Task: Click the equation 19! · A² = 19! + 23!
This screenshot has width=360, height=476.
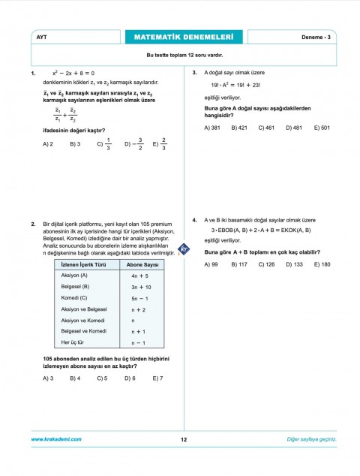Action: [x=235, y=86]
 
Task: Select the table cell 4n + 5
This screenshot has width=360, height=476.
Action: [x=141, y=276]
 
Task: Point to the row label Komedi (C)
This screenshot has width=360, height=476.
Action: [x=74, y=297]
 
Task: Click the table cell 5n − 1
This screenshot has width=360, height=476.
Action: [x=141, y=298]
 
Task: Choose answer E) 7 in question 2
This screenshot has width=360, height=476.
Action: [x=157, y=378]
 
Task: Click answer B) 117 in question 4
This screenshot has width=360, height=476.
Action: [x=239, y=264]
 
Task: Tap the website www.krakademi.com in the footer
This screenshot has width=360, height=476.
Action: [x=56, y=439]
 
